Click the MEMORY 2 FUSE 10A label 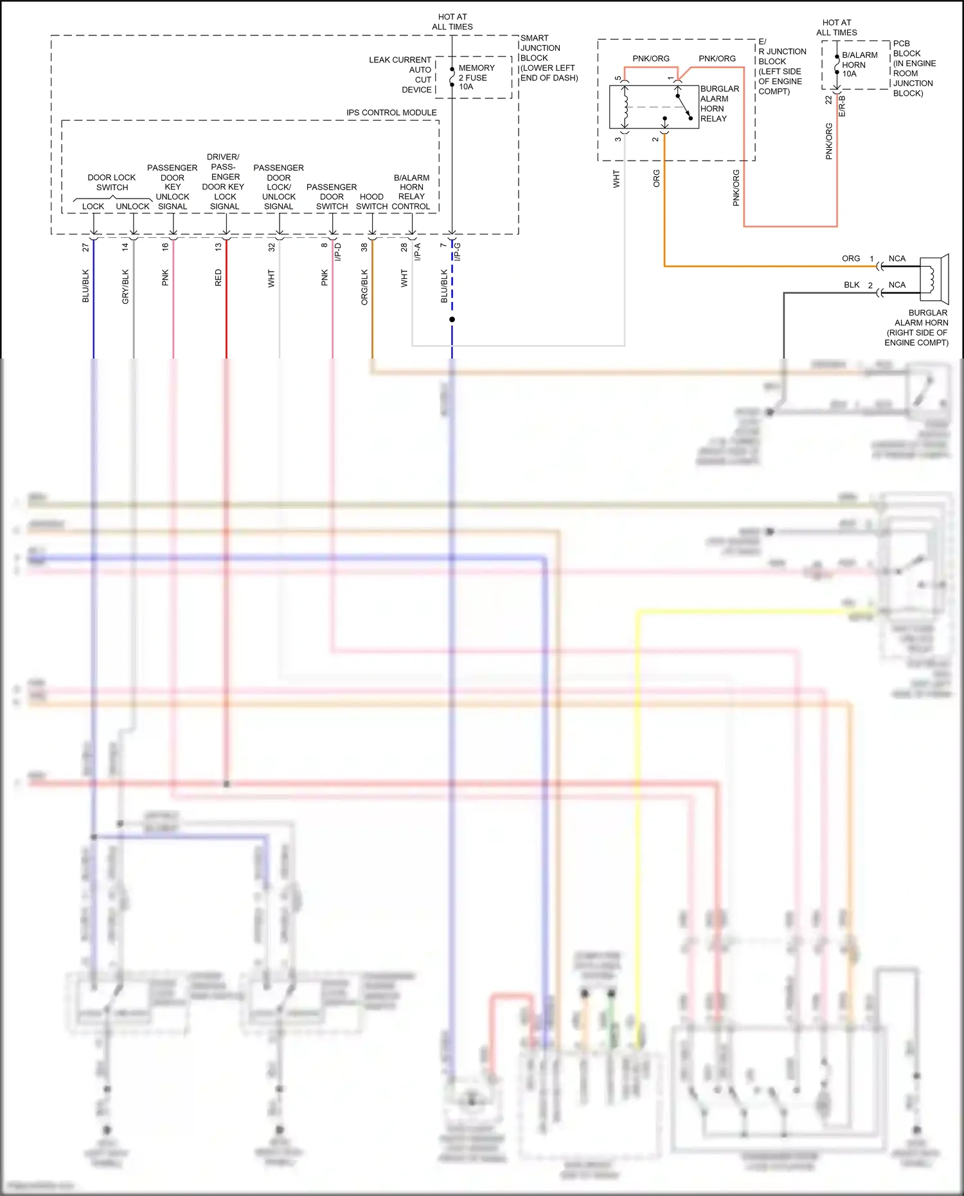click(x=476, y=77)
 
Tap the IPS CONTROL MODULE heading click(x=391, y=112)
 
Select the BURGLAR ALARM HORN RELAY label click(x=719, y=103)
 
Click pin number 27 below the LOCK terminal click(x=85, y=247)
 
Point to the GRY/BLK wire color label click(x=125, y=286)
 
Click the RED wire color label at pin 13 click(x=218, y=278)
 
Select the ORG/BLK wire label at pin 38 click(x=364, y=287)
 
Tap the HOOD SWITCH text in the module click(x=371, y=202)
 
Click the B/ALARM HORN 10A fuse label click(x=859, y=64)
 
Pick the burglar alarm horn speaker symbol click(x=934, y=279)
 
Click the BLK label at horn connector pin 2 click(x=852, y=285)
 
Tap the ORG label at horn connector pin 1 click(x=850, y=258)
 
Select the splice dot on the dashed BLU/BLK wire click(x=452, y=319)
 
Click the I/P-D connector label click(x=338, y=251)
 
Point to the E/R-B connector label click(x=842, y=106)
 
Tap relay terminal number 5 click(x=618, y=78)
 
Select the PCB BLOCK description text click(x=913, y=68)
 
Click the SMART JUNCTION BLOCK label click(x=548, y=58)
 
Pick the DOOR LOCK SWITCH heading click(x=112, y=183)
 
